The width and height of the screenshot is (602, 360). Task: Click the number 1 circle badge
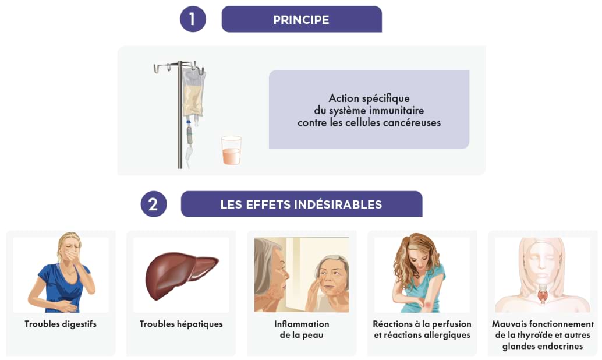coord(193,19)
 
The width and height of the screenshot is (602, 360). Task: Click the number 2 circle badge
coord(154,204)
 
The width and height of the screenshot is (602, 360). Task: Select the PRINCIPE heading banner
coord(301,19)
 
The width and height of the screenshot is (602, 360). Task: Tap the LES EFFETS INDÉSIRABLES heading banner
coord(301,204)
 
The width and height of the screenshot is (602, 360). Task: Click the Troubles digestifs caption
coord(61,324)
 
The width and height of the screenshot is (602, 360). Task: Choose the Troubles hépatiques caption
coord(181,324)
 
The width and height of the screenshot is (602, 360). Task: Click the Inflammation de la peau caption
coord(302,329)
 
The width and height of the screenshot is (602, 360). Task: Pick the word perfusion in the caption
coord(451,324)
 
